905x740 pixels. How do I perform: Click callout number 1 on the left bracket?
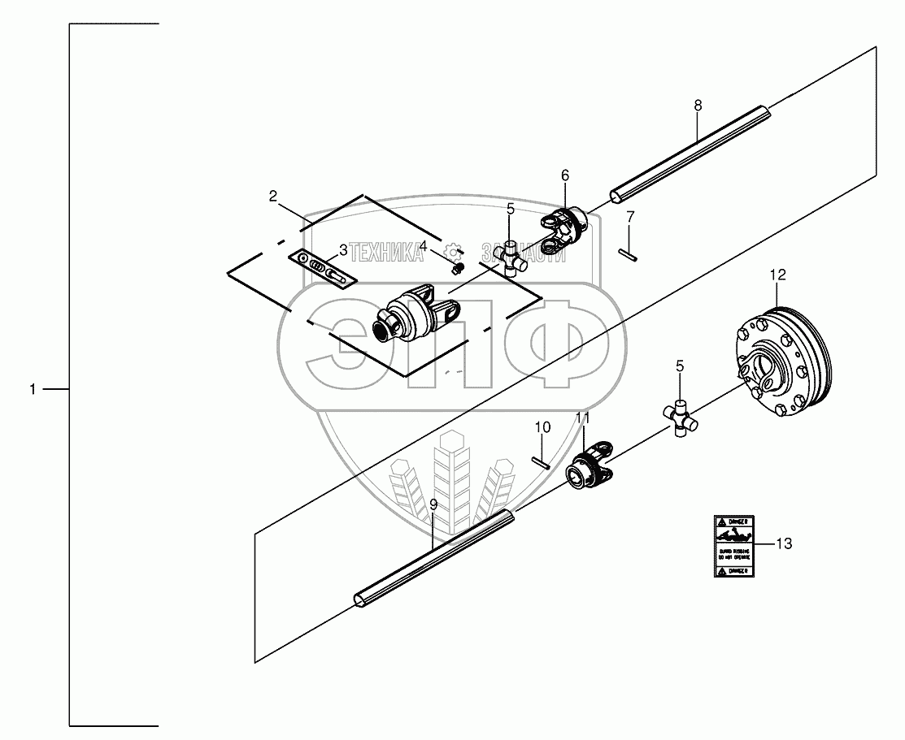(33, 390)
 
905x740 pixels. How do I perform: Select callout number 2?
(273, 196)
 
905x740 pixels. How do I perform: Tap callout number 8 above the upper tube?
(698, 106)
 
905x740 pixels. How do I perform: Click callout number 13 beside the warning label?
(783, 544)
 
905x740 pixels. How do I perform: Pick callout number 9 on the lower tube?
(433, 504)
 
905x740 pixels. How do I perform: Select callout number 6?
(565, 175)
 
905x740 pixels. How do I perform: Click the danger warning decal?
(736, 546)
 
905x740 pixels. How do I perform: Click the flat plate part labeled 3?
(322, 268)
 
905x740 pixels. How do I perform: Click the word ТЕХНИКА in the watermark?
(386, 253)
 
